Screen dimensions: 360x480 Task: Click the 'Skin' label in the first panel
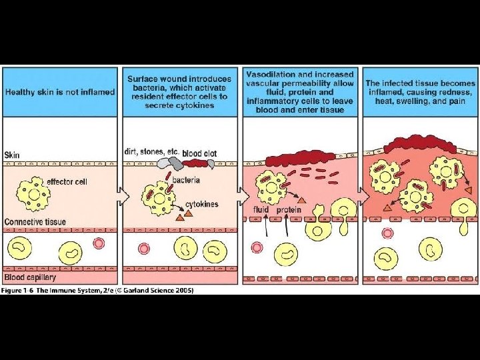pos(13,155)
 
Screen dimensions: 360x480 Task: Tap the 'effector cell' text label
pos(67,181)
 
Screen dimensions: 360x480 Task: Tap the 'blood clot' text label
pos(199,154)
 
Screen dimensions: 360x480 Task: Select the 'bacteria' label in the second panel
pos(187,180)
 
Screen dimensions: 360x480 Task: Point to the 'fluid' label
pos(261,210)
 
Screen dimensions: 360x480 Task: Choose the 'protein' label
pos(289,210)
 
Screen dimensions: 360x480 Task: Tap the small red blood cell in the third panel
pos(257,247)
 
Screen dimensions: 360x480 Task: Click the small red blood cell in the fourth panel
pos(388,233)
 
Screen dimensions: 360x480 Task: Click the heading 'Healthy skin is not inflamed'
pos(60,91)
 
